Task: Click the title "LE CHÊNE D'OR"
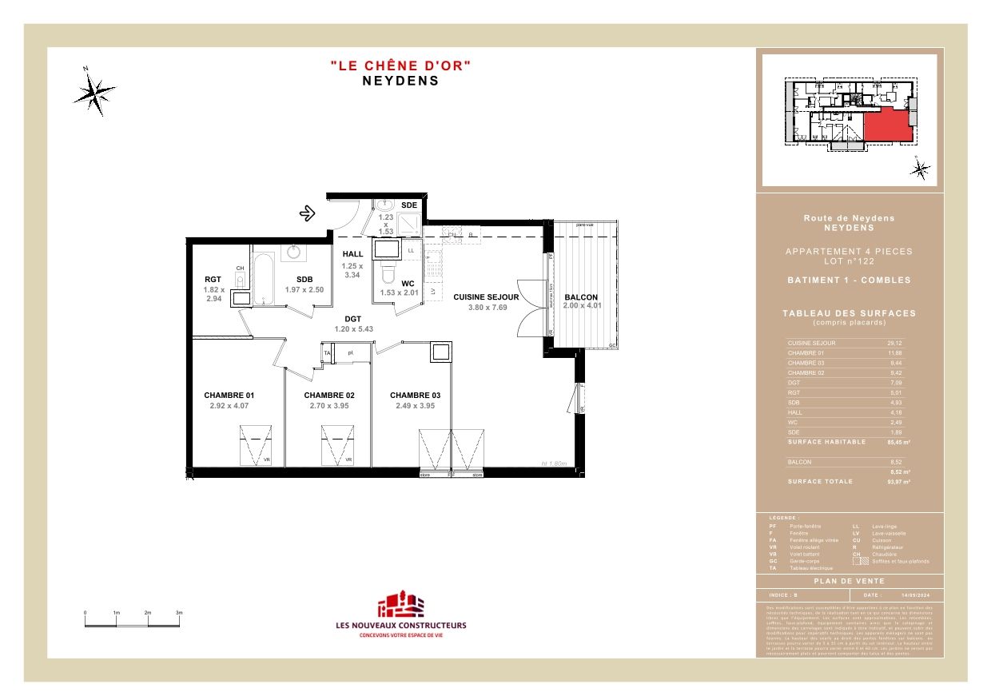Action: pos(400,66)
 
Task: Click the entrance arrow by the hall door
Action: pos(307,213)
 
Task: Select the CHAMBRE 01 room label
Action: pos(229,396)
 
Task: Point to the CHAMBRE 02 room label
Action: pos(328,396)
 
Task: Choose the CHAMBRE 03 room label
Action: pos(415,396)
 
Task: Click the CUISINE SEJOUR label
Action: pos(486,297)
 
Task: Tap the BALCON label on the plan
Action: pos(580,297)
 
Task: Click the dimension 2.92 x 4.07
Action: pos(229,406)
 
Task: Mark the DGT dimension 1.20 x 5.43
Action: pos(353,328)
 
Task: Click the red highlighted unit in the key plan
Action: pos(888,125)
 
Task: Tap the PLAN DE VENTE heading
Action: pos(850,582)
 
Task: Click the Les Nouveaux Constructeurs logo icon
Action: pos(400,605)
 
